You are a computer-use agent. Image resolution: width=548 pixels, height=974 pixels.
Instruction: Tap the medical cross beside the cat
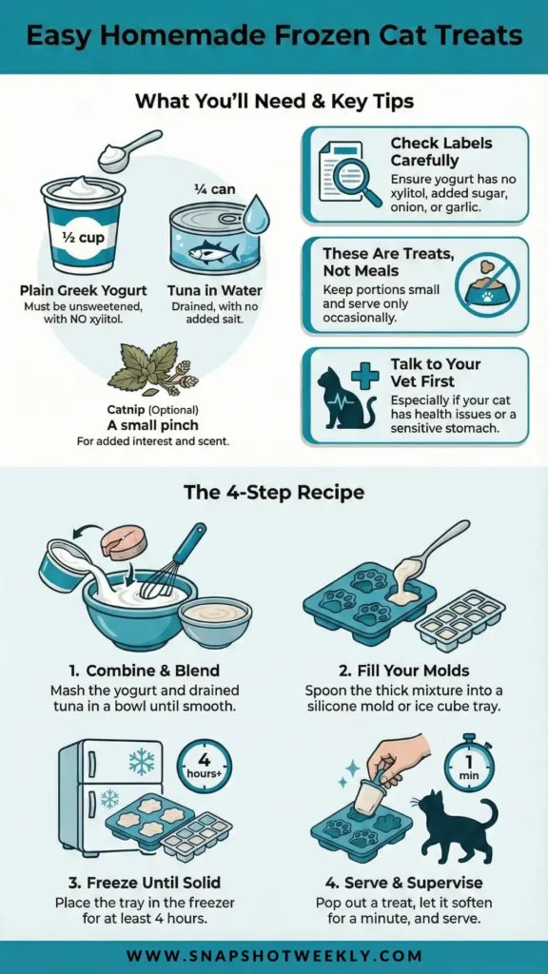tap(364, 375)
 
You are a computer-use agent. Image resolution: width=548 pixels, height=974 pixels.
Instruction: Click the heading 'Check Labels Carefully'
tap(441, 151)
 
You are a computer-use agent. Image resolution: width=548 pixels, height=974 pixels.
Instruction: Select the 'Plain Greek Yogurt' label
tap(84, 290)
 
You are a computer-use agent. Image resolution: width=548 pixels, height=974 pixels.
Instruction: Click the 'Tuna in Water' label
tap(214, 290)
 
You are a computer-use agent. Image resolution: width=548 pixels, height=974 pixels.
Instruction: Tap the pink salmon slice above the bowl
tap(125, 541)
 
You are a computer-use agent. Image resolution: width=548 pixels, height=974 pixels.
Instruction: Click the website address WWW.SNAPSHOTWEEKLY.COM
tap(274, 955)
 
